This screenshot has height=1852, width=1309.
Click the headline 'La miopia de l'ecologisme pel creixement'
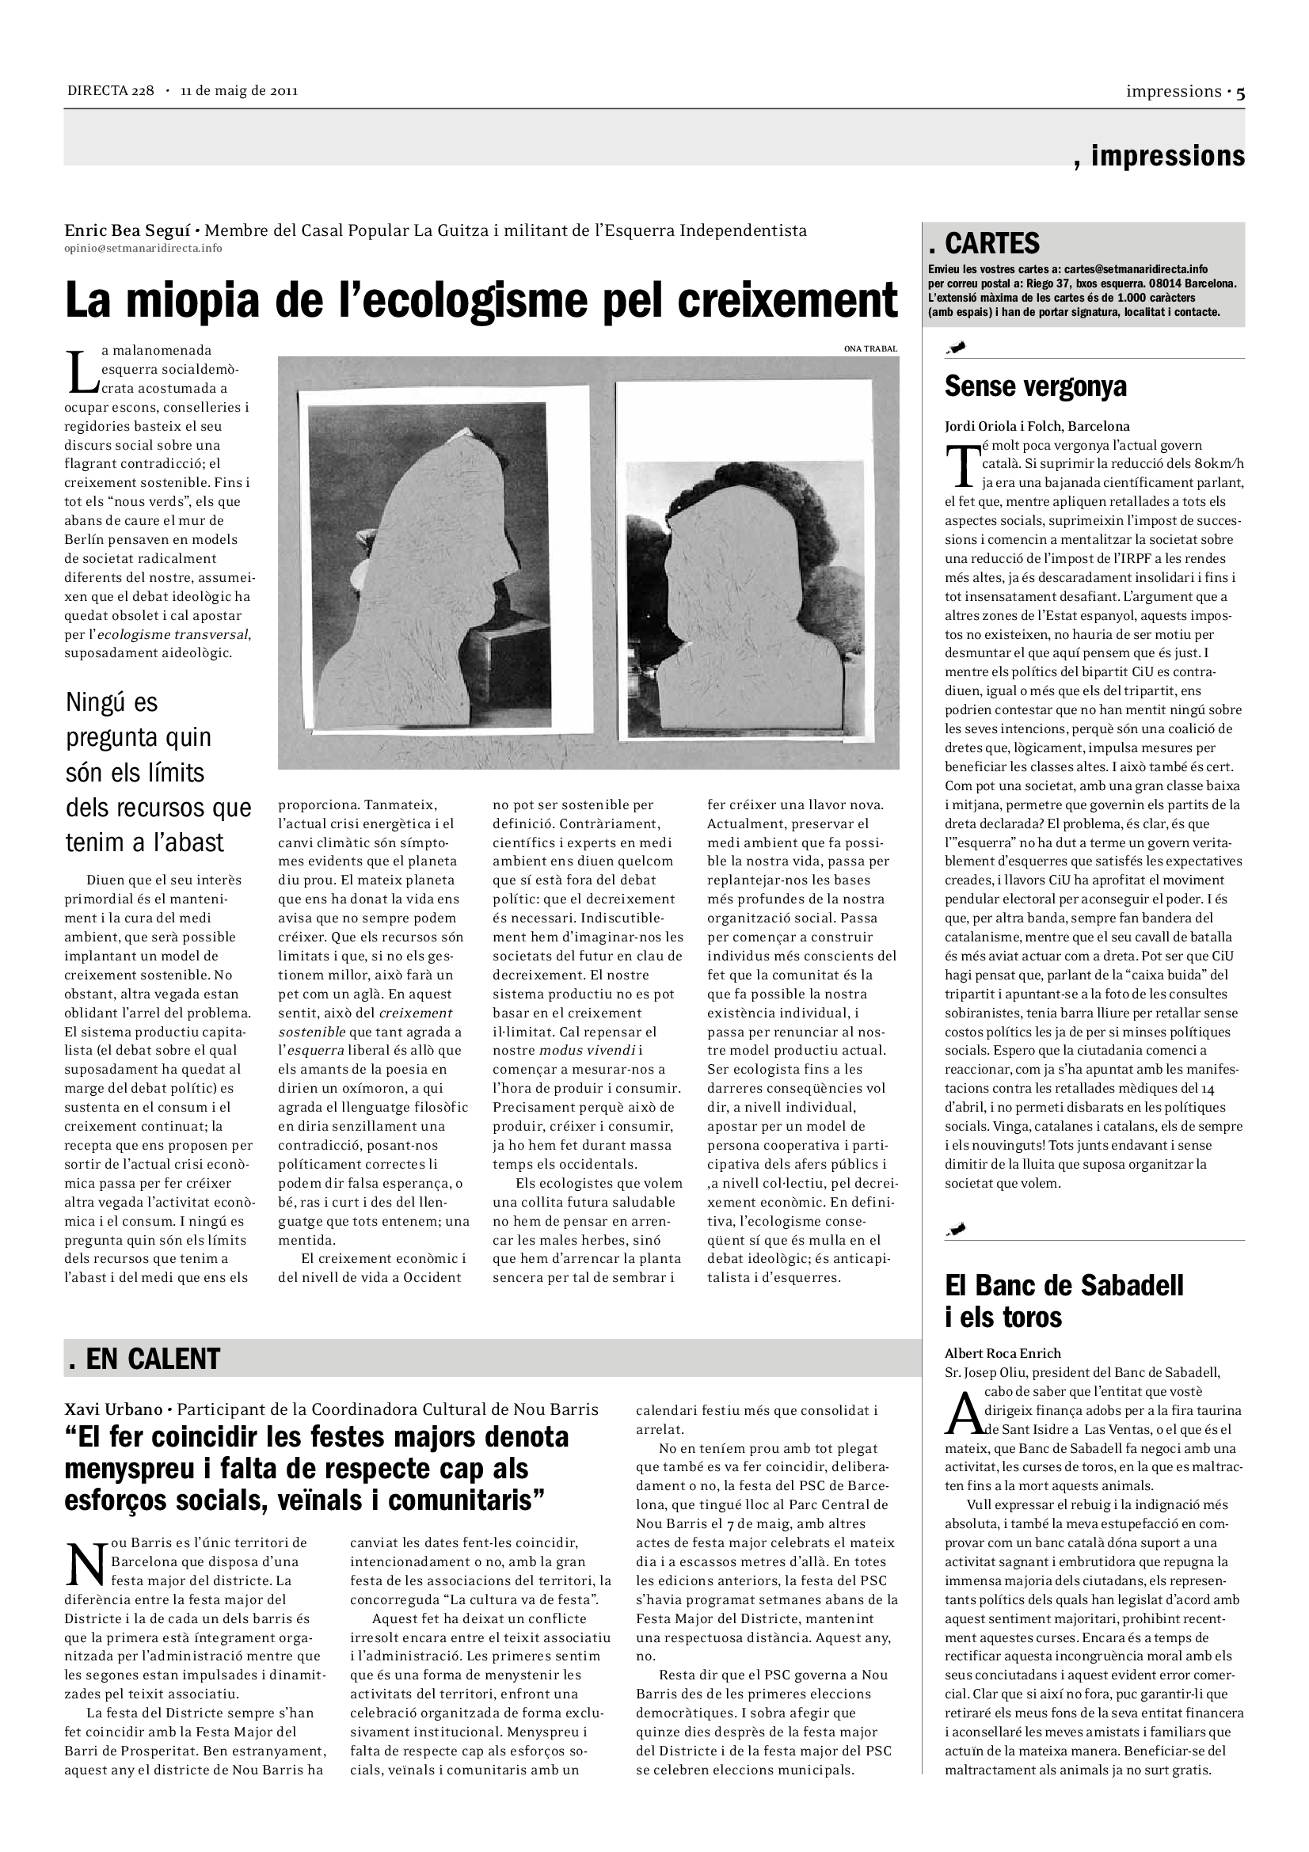coord(481,300)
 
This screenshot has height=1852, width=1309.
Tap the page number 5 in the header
coord(1239,93)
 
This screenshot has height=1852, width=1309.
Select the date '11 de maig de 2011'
coord(238,90)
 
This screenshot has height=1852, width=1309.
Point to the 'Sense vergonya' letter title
coord(1035,386)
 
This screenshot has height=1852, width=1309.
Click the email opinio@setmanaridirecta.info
coord(143,249)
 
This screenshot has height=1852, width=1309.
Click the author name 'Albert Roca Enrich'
coord(1003,1353)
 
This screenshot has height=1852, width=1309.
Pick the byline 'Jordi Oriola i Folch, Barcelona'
coord(1037,427)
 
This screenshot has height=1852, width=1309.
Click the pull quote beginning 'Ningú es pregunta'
coord(158,772)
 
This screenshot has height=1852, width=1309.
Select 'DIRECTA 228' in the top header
coord(111,90)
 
